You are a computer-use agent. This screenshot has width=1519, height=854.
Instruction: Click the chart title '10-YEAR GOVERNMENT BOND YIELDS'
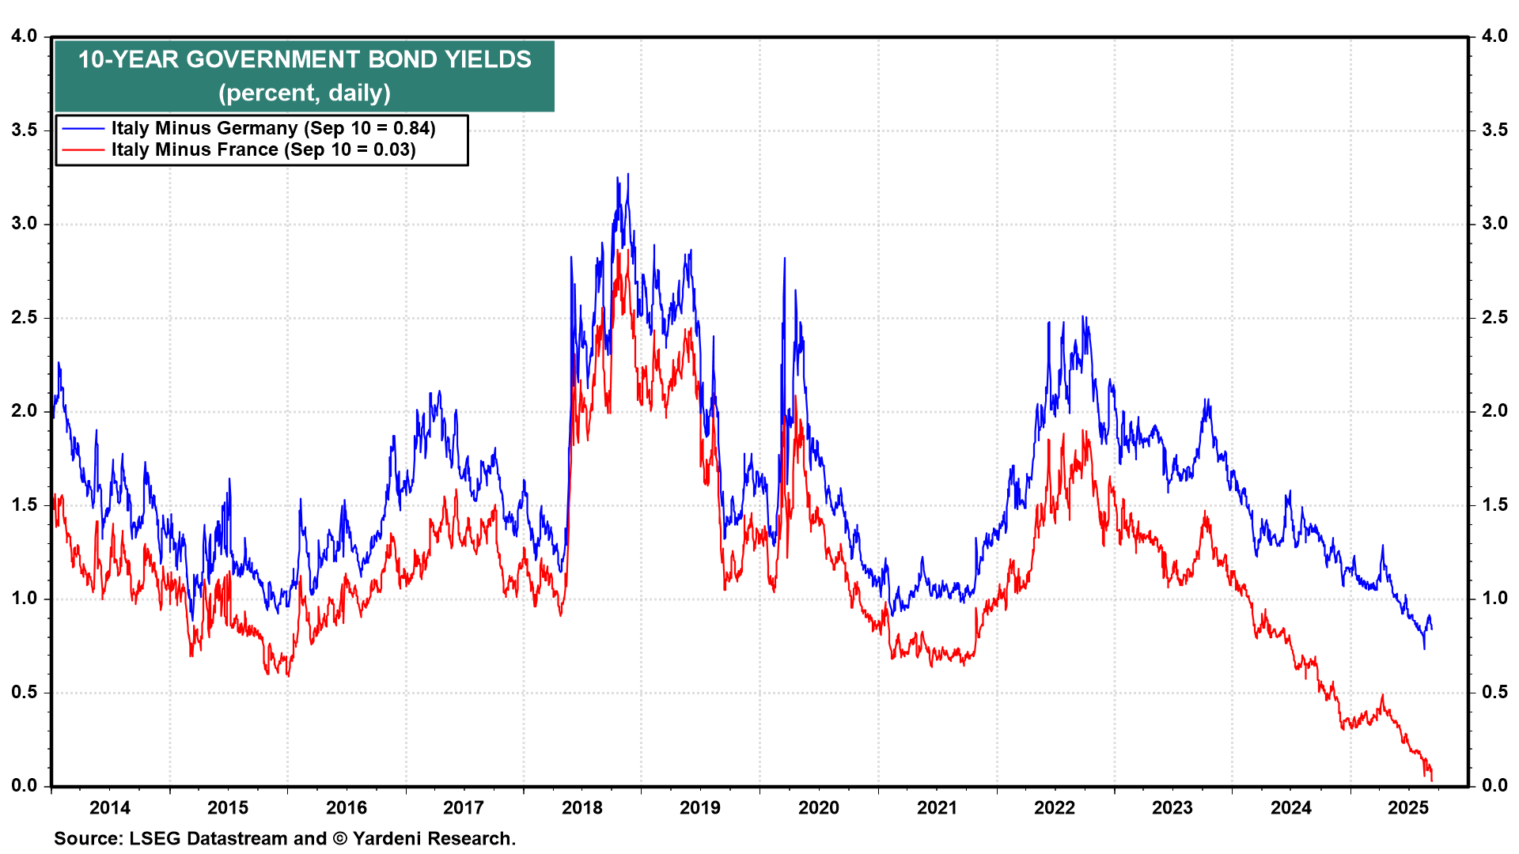tap(305, 60)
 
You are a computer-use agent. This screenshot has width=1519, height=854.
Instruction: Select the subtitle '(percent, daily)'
tap(305, 93)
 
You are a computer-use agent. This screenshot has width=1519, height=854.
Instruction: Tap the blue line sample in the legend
tap(83, 128)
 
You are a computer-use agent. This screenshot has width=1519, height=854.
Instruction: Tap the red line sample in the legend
tap(83, 149)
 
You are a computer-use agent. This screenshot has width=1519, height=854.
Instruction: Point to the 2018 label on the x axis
tap(582, 807)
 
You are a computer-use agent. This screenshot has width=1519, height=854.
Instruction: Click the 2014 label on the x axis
tap(109, 807)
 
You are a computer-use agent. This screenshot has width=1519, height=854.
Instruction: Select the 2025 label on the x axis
tap(1408, 807)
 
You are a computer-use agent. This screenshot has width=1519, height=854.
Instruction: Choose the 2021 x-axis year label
tap(937, 807)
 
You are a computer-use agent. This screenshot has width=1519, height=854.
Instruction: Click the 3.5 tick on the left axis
tap(25, 130)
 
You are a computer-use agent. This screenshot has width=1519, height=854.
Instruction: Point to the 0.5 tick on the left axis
tap(25, 692)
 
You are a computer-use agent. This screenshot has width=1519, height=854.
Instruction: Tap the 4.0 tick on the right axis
tap(1494, 36)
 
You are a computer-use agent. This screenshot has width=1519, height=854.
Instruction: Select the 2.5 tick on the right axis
tap(1494, 317)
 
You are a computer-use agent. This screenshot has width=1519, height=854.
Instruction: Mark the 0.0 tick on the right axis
tap(1494, 785)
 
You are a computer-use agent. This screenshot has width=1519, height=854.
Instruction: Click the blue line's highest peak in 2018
tap(628, 175)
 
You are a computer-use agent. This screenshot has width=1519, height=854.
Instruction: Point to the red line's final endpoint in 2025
tap(1431, 780)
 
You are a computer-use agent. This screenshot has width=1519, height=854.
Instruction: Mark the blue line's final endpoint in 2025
tap(1431, 629)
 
